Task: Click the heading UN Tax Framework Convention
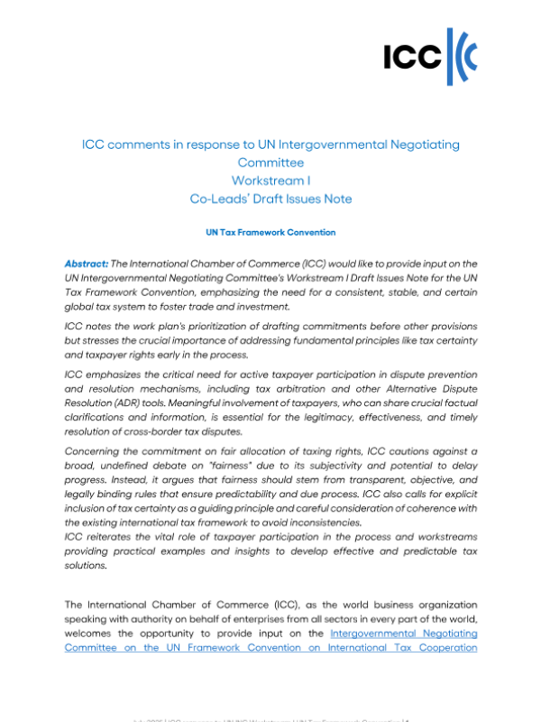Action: coord(270,233)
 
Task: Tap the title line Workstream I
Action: coord(270,180)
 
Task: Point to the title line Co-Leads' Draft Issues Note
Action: coord(270,199)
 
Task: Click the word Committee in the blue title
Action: coord(270,162)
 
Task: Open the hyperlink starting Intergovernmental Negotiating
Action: coord(403,634)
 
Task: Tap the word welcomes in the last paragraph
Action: coord(90,634)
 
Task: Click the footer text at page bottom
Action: coord(270,718)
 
